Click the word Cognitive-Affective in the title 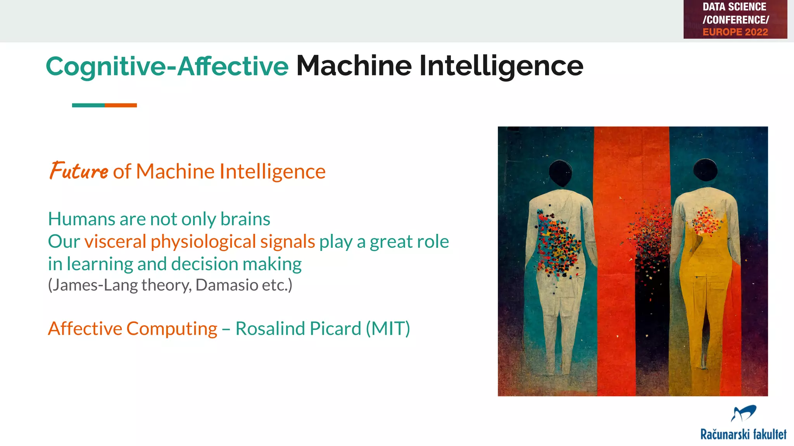click(167, 67)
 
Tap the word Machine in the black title click(354, 66)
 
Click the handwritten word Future click(79, 171)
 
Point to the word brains click(245, 219)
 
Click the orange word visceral click(115, 242)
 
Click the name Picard click(335, 329)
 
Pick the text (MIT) click(388, 329)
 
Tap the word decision click(205, 264)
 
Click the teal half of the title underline click(88, 105)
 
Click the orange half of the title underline click(121, 105)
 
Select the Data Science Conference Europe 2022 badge click(735, 19)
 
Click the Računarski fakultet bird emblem click(743, 413)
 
